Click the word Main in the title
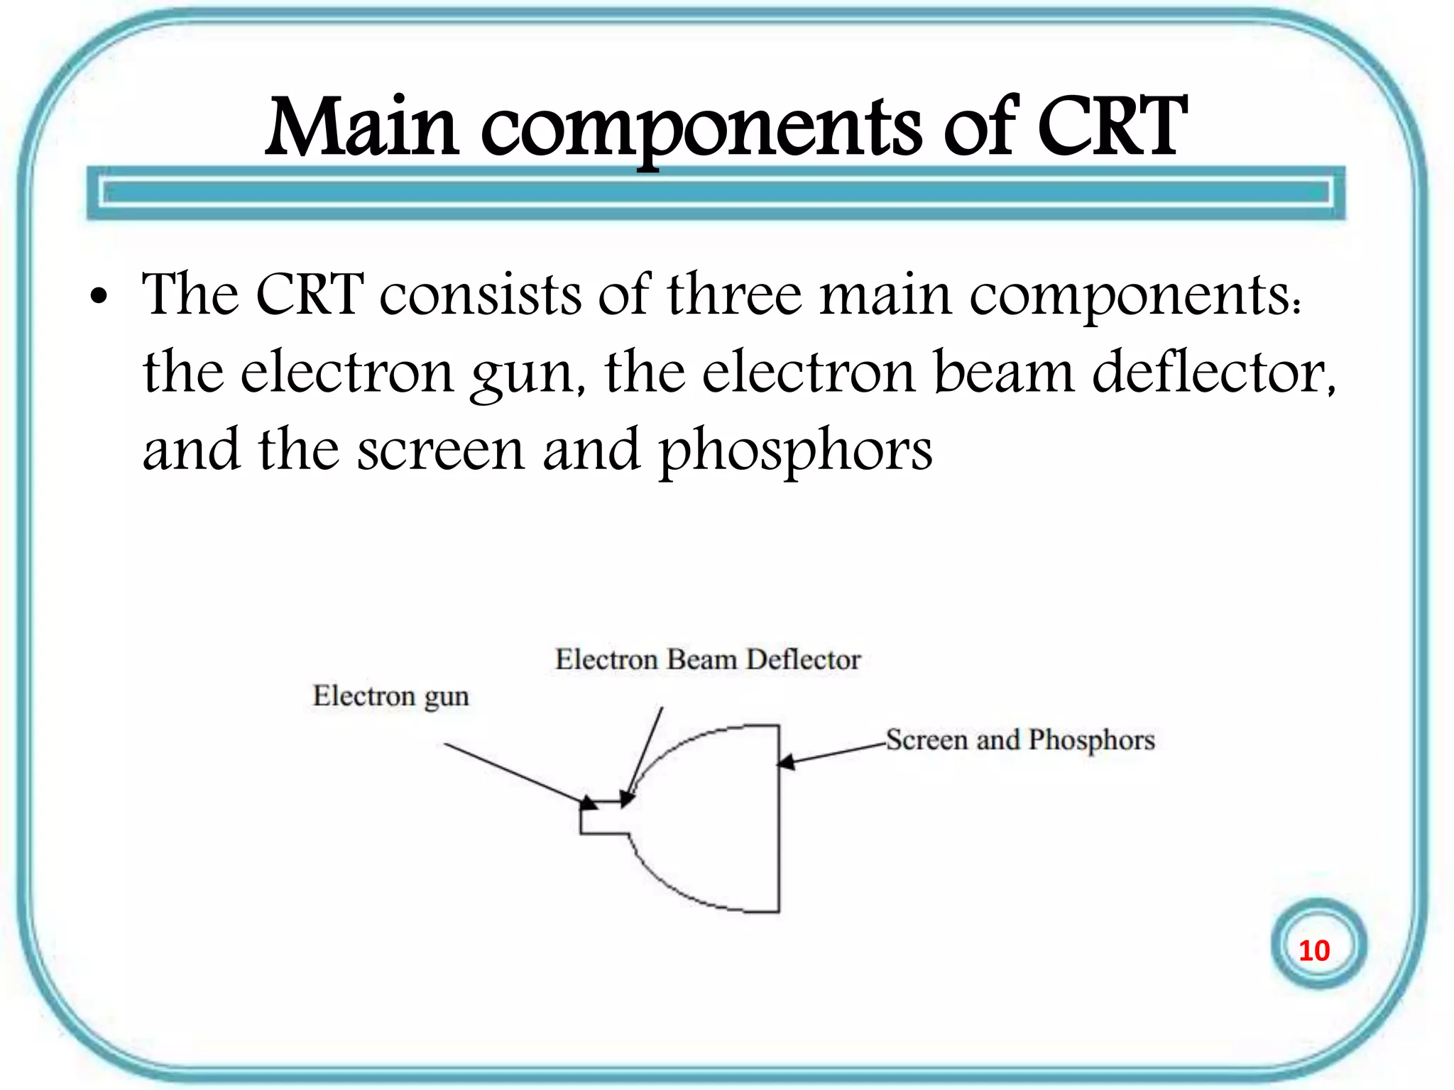(x=362, y=128)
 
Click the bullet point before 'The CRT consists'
(x=99, y=297)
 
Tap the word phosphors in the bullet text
(x=795, y=451)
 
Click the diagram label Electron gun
(x=391, y=696)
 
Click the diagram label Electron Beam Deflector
(x=708, y=660)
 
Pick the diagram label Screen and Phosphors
(x=1020, y=740)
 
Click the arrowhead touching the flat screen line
(x=787, y=762)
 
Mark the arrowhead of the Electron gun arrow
(x=589, y=803)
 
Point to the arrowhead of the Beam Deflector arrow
(x=627, y=799)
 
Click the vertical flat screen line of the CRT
(x=779, y=837)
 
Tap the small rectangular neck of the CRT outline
(x=604, y=817)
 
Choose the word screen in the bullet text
(x=440, y=450)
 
